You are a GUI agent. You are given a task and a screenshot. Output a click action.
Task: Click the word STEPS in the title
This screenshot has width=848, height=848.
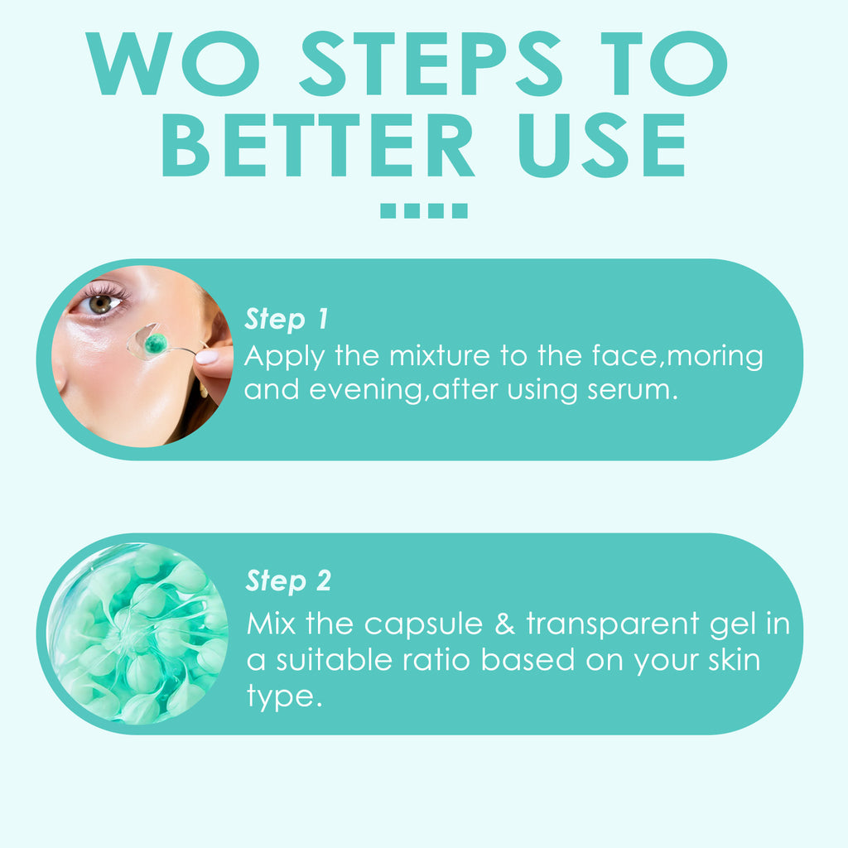431,63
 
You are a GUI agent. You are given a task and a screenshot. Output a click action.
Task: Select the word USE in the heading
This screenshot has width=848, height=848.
601,145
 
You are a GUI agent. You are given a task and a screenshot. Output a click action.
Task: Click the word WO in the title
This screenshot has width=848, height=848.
173,63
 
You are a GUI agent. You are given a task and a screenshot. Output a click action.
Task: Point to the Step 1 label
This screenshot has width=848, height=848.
286,318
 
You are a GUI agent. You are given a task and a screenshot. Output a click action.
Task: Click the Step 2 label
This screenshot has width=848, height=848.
288,581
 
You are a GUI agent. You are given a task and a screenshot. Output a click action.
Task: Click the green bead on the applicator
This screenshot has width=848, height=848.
156,342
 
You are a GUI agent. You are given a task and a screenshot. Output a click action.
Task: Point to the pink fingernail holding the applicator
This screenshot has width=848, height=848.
206,356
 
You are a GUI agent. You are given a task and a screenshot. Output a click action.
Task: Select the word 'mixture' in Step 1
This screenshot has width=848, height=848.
439,356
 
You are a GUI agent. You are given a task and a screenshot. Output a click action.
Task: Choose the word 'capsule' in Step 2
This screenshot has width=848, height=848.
423,624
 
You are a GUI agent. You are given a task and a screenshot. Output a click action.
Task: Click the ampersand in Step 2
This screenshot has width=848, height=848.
504,624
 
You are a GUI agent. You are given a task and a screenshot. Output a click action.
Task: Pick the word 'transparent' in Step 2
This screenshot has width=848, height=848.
612,625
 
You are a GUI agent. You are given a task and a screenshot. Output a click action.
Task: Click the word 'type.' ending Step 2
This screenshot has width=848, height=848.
285,697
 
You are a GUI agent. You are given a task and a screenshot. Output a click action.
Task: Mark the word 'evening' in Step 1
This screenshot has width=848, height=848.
366,392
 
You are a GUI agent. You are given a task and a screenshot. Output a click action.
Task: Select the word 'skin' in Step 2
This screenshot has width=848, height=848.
735,660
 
